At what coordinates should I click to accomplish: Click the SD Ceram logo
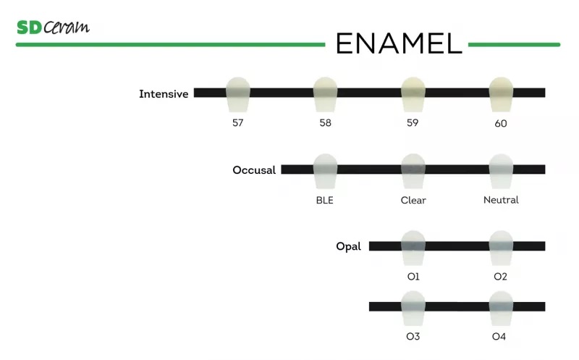[53, 28]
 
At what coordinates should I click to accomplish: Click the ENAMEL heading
[398, 43]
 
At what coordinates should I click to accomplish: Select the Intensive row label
[164, 94]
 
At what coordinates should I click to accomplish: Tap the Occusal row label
[254, 170]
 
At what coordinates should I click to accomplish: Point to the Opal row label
[348, 247]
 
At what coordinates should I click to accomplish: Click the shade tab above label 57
[237, 91]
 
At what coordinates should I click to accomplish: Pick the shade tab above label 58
[325, 91]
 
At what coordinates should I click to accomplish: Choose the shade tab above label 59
[413, 91]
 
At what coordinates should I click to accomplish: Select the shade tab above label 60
[501, 91]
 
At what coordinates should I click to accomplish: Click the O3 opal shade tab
[413, 306]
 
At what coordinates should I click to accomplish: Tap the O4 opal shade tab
[500, 306]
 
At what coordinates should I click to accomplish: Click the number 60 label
[501, 123]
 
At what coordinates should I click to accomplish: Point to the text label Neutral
[501, 200]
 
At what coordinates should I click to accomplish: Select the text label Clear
[413, 200]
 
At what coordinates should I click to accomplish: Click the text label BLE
[325, 200]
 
